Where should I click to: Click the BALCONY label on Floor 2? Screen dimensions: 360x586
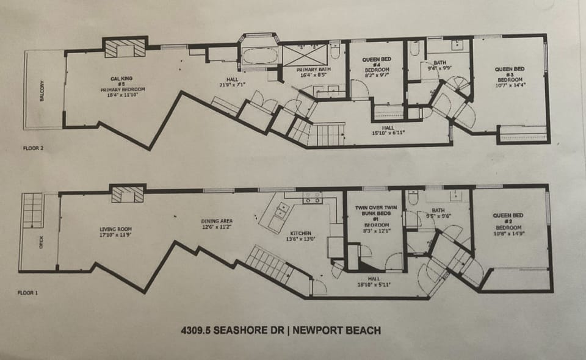pos(42,90)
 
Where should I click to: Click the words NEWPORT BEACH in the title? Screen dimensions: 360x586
pos(337,331)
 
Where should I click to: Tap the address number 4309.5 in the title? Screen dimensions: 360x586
pos(198,331)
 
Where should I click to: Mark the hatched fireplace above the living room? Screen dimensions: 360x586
pos(128,195)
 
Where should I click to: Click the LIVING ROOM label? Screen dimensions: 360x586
pos(115,232)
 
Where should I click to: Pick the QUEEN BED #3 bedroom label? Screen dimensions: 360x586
pos(510,78)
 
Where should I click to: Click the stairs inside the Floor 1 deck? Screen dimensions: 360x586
pos(33,210)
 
